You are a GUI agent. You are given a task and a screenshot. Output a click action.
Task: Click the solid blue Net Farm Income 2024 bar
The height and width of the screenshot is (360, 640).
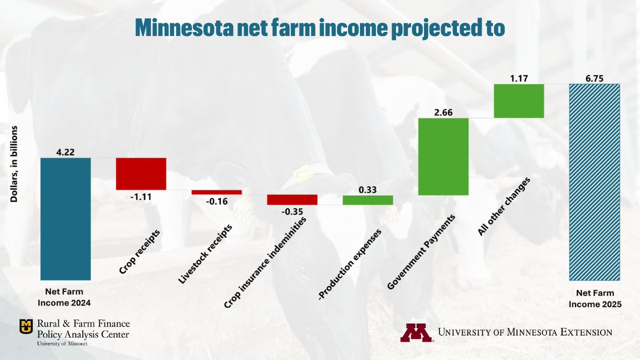pos(66,219)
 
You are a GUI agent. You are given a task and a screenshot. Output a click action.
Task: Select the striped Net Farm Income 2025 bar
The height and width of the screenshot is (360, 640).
pos(595,182)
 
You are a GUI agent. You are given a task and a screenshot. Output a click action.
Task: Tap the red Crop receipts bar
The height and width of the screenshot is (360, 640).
pos(141,174)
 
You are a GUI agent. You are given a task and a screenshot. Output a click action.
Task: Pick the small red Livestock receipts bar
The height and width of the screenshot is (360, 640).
pos(217,192)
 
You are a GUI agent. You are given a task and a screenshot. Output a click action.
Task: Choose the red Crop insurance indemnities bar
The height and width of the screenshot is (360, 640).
pos(292,200)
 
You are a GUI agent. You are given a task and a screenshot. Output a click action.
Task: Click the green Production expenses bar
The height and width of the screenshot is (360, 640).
pos(367,200)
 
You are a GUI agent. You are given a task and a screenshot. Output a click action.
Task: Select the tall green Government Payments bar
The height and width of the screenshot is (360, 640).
pos(443,156)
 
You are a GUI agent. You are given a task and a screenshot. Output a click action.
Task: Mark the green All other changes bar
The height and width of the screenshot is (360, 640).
pos(518,101)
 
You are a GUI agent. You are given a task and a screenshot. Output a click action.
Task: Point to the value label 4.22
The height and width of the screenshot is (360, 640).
pos(66,151)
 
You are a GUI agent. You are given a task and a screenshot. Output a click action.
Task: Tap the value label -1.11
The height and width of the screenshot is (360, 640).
pos(141,197)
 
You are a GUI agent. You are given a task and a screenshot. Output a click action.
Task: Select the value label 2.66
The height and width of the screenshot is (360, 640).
pos(443,111)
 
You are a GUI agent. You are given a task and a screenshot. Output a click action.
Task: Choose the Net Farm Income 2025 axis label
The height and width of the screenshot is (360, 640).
pos(595,298)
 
